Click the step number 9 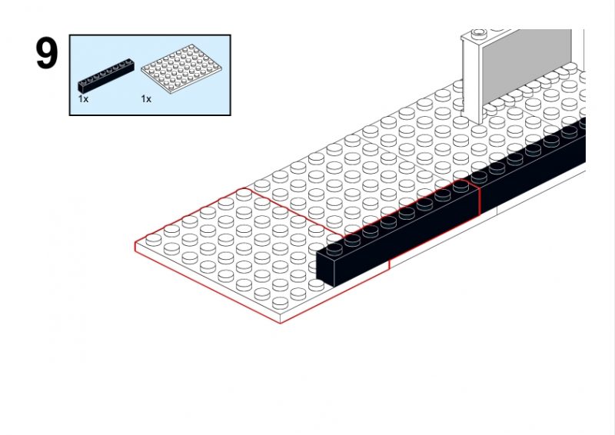click(x=47, y=54)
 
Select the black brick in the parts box click(x=106, y=75)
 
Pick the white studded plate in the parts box click(x=181, y=69)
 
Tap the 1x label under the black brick click(x=83, y=99)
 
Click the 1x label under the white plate click(x=146, y=99)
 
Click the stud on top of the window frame click(x=478, y=32)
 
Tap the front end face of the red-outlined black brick click(x=325, y=267)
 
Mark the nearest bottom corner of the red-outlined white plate click(x=281, y=324)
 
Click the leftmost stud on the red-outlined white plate click(x=153, y=239)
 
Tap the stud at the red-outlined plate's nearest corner click(x=280, y=302)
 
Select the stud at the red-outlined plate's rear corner click(x=244, y=194)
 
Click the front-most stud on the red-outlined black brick click(x=334, y=249)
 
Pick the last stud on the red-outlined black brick click(x=460, y=185)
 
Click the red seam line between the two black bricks click(x=479, y=201)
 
